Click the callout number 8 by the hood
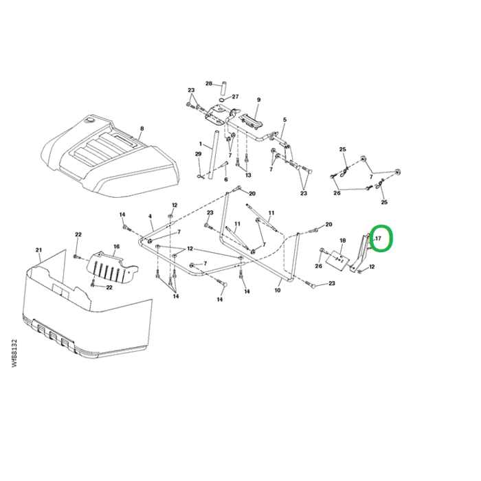142,128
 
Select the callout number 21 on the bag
38,250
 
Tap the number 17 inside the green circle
378,238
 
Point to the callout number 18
343,240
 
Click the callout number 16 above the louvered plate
117,247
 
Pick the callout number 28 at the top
209,83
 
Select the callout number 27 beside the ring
235,97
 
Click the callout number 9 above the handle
258,100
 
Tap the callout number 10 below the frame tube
278,290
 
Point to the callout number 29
199,154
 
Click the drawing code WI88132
14,353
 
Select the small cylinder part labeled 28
223,88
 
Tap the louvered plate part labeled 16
113,267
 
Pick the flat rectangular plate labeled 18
337,259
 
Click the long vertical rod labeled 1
212,155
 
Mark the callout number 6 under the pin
226,179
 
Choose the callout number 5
284,120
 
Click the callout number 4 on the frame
150,216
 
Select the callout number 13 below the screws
248,175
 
